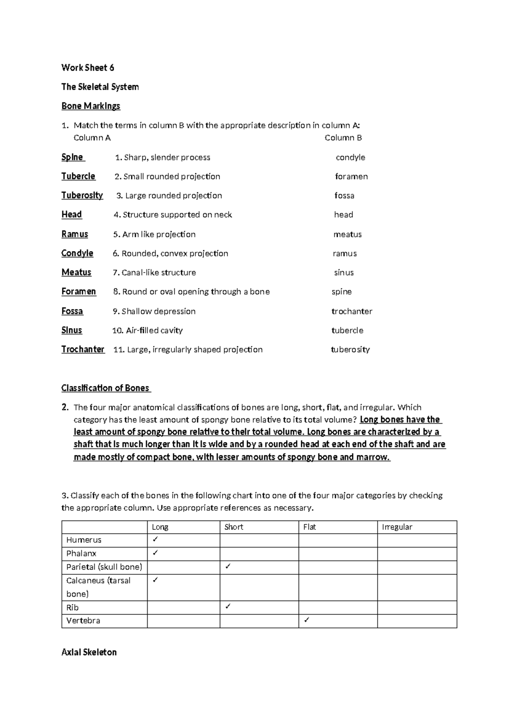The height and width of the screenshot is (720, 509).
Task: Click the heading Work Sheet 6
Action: point(88,67)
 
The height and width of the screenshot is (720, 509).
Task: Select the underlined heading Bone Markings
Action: point(91,106)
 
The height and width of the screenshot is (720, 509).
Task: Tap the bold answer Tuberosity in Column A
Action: point(82,195)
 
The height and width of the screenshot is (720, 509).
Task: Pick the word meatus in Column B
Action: point(347,234)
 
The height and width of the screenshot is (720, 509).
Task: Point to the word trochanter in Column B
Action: point(352,311)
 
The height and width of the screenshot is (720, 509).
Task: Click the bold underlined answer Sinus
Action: point(72,330)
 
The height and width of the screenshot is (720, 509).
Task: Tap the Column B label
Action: point(343,138)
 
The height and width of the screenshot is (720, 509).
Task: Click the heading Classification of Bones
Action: point(106,388)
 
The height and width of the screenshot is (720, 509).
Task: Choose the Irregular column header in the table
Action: point(397,527)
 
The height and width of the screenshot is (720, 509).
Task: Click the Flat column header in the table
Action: point(310,527)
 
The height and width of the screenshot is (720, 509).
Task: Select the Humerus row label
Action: point(84,540)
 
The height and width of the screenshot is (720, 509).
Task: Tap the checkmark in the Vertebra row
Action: point(307,620)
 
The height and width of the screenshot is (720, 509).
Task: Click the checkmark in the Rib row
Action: point(228,607)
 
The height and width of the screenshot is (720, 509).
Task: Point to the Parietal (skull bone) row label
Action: point(104,567)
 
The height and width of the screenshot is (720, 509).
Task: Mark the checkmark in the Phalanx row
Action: point(155,553)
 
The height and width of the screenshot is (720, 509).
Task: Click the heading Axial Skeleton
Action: point(89,652)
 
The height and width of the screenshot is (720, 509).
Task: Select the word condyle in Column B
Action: point(350,157)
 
